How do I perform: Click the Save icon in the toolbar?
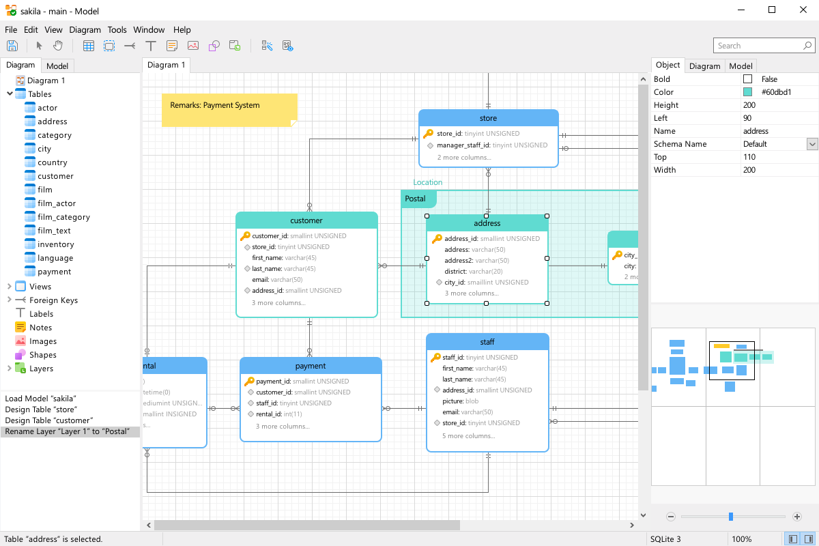pos(12,46)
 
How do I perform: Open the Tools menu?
pos(117,29)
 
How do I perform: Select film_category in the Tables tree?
pos(63,217)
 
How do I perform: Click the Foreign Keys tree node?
pos(53,300)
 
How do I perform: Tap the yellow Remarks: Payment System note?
pos(229,110)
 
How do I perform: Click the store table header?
pos(489,118)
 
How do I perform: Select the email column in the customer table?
pos(277,279)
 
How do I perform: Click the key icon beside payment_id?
pos(249,381)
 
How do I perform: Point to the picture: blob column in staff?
pos(460,401)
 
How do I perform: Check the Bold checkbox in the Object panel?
pos(748,79)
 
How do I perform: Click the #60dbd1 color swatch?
pos(748,92)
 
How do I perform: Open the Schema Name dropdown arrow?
pos(812,144)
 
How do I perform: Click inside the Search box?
pos(760,46)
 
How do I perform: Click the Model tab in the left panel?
pos(57,66)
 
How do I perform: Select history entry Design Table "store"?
pos(41,409)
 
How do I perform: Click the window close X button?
pos(803,10)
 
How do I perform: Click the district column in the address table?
pos(474,272)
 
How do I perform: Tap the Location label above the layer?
pos(427,182)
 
